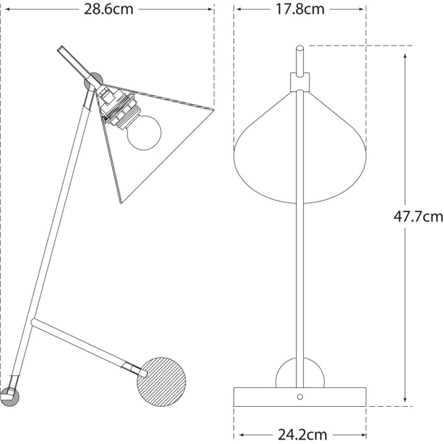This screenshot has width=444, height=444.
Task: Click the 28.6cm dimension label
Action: click(109, 9)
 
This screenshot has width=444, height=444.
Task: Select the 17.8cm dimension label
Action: click(300, 9)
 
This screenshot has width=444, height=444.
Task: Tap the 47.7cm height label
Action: click(418, 217)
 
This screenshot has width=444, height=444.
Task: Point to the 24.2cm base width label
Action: click(303, 434)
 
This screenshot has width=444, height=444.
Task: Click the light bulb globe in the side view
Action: click(144, 133)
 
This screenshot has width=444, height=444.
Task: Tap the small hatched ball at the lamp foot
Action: click(10, 397)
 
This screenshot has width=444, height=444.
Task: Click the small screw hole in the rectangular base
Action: click(300, 396)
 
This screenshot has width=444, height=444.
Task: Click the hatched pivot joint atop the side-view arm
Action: click(93, 81)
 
